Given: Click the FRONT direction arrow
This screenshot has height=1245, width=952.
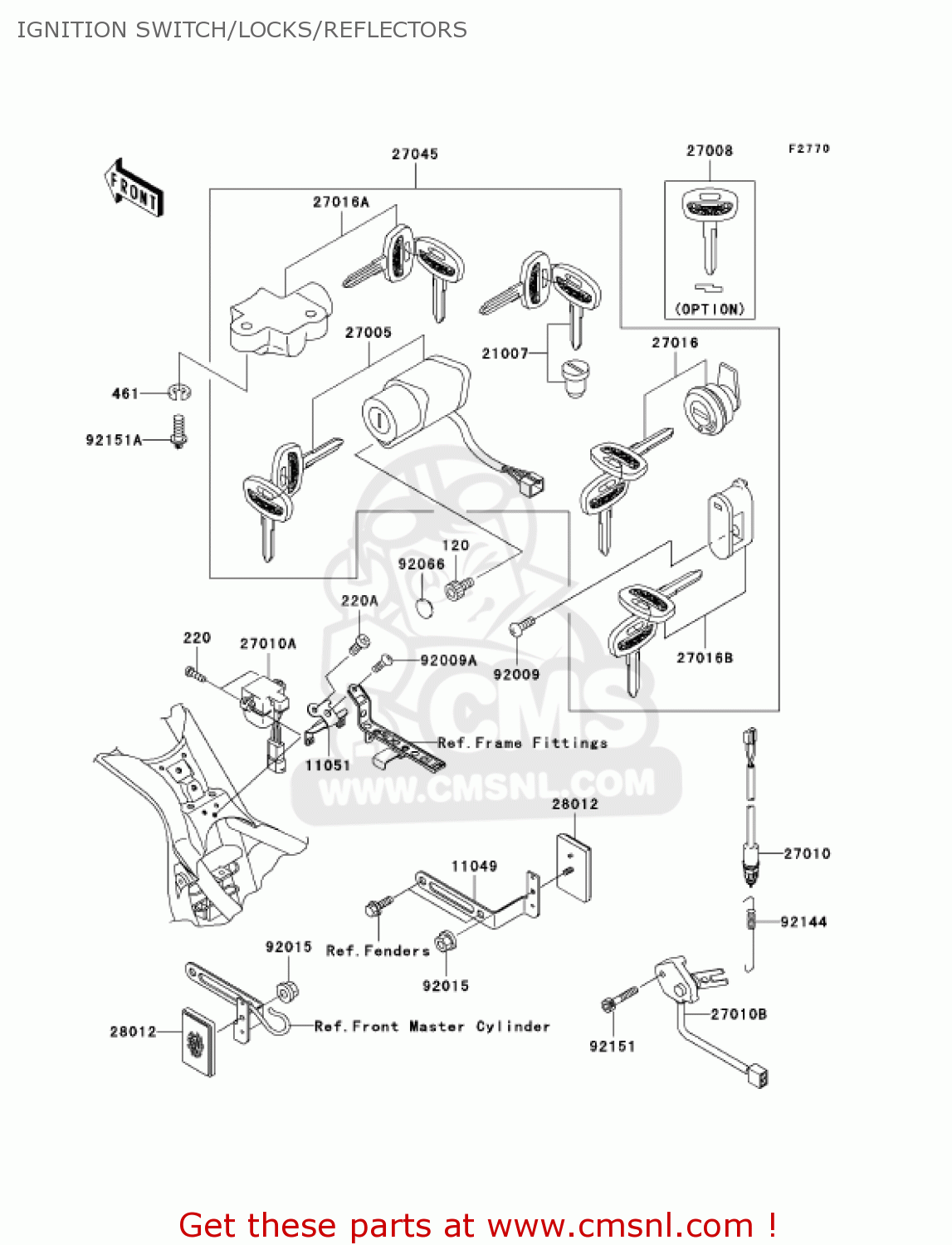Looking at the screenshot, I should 134,188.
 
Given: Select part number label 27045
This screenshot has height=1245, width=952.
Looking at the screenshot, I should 414,154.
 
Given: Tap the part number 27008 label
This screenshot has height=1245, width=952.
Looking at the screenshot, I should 709,151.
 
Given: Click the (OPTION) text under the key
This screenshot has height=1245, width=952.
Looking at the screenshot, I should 709,310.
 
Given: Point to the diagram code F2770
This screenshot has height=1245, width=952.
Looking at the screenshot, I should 808,149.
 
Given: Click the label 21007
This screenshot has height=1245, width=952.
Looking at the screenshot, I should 505,354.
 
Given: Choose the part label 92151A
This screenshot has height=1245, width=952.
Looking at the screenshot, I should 114,440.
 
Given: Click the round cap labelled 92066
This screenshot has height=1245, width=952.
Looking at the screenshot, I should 424,608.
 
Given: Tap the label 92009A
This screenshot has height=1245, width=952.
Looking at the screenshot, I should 448,661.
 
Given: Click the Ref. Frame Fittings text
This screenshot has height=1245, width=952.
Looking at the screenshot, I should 522,743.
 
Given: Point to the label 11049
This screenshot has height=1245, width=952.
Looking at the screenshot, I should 474,867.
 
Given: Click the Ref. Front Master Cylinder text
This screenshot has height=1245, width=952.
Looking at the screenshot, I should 432,1027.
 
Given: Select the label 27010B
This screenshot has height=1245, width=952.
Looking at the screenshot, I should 739,1014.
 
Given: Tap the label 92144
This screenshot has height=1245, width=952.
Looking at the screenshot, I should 803,922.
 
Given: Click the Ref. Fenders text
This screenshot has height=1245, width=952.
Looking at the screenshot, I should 378,951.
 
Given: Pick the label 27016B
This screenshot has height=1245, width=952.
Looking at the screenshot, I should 705,658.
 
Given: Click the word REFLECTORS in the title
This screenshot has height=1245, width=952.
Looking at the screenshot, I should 395,30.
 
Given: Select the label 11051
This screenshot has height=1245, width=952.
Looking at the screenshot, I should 328,765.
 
